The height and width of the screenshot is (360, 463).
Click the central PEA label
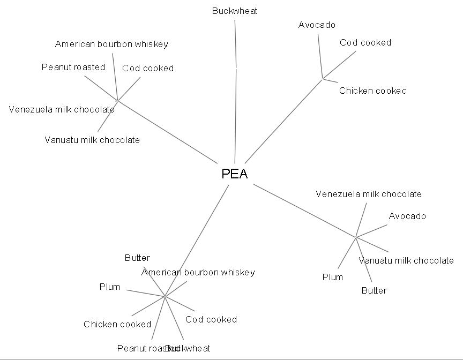click(x=235, y=174)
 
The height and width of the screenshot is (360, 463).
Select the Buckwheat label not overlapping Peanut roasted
click(x=234, y=11)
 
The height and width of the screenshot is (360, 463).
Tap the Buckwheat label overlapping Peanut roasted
click(x=189, y=348)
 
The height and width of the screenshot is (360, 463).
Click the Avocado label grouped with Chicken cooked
click(x=317, y=25)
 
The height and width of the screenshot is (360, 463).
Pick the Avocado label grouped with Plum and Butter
click(x=407, y=216)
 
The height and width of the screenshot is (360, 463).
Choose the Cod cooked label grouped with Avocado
click(x=365, y=42)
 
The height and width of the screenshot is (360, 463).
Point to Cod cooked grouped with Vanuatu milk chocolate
click(x=148, y=68)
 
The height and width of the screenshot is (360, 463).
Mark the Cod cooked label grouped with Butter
click(x=211, y=319)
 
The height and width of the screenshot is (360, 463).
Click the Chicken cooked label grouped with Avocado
click(x=372, y=91)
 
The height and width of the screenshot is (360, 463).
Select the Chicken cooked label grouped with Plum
click(x=117, y=324)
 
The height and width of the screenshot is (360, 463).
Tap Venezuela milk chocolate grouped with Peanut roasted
click(x=62, y=109)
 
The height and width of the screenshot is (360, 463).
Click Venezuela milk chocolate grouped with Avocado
click(x=369, y=194)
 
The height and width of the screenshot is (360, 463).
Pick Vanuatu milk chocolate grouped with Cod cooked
click(x=92, y=140)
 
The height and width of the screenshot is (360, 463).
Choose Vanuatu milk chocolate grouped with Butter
click(x=406, y=260)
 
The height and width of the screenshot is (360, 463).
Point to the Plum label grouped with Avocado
click(x=332, y=277)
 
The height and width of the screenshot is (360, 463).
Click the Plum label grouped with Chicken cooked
click(x=110, y=287)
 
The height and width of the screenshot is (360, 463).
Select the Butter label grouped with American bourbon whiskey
click(x=137, y=258)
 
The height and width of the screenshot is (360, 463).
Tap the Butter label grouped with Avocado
click(x=374, y=290)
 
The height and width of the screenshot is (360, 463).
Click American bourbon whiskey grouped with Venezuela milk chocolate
click(x=111, y=44)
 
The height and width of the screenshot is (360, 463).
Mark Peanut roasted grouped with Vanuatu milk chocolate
click(x=73, y=67)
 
